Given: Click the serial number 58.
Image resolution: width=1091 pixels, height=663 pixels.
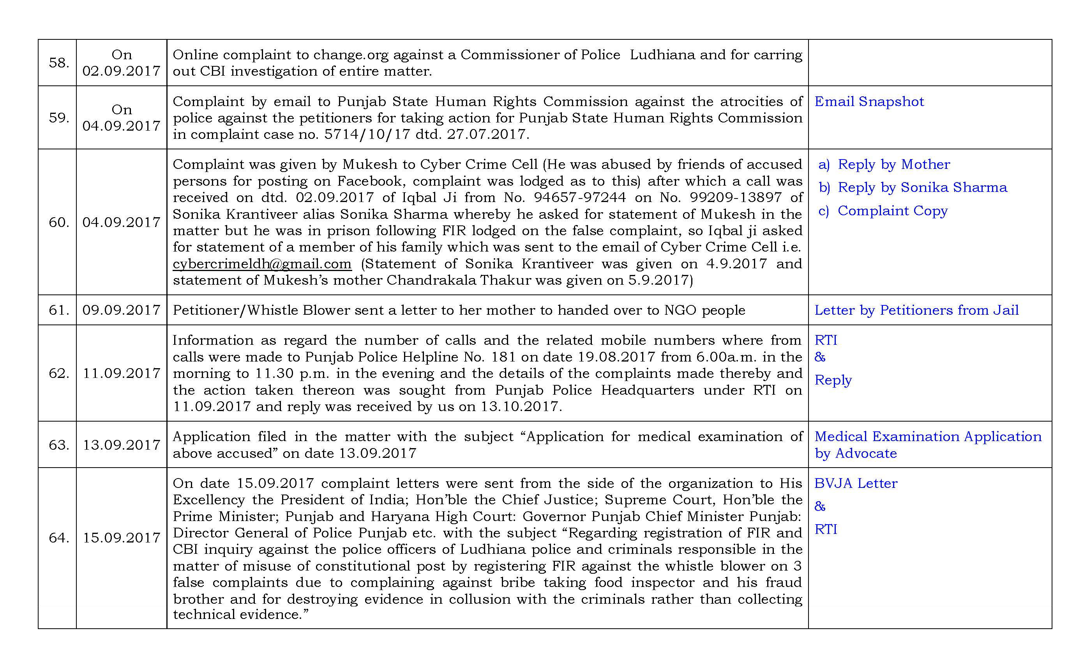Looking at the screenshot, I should (x=59, y=63).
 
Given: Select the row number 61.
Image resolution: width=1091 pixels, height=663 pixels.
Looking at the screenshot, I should (x=59, y=310).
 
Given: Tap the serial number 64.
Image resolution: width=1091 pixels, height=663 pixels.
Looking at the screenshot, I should (x=59, y=537).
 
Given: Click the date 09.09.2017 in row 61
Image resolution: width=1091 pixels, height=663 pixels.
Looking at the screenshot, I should (x=121, y=310).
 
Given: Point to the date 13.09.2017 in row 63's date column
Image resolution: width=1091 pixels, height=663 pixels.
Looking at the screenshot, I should (x=121, y=445).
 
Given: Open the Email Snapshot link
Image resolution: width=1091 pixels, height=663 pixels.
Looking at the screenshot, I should (x=869, y=102).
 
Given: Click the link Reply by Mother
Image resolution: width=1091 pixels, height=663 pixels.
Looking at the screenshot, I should (x=893, y=165).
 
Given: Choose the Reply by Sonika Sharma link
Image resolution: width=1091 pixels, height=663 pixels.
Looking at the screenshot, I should (x=922, y=188).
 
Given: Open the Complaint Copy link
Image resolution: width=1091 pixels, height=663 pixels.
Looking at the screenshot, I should (x=892, y=211).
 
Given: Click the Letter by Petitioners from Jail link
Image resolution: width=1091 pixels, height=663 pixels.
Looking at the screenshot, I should (x=916, y=310).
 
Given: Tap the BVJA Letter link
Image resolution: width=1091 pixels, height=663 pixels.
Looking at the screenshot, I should (x=855, y=484).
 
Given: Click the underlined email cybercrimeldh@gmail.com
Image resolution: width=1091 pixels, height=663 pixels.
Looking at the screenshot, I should (x=262, y=264).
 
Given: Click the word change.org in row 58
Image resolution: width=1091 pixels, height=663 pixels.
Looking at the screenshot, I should (x=351, y=55).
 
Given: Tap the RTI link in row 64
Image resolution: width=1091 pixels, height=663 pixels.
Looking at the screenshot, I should (x=826, y=530).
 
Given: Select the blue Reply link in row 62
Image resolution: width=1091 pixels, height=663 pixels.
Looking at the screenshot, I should (x=833, y=380).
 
